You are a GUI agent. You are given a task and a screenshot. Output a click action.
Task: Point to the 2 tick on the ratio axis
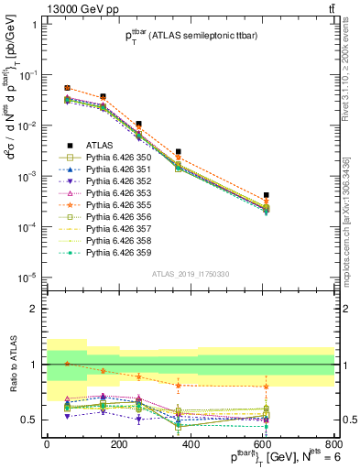pos(34,309)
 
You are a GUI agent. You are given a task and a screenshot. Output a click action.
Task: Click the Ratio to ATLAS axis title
pos(11,365)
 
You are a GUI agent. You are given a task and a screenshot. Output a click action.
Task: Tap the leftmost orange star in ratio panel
pos(67,364)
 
